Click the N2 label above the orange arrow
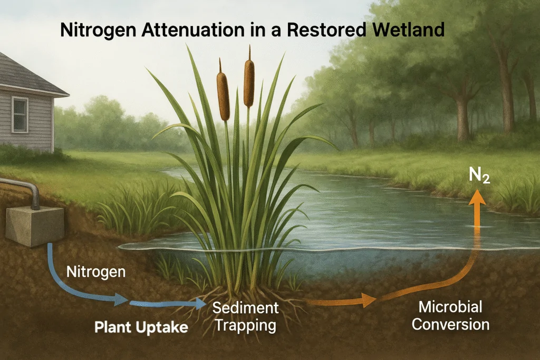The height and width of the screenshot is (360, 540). [480, 177]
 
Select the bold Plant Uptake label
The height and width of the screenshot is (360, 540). [141, 327]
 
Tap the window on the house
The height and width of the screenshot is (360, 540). [20, 114]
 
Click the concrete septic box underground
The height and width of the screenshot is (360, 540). [34, 225]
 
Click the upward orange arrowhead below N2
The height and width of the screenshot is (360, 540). [479, 196]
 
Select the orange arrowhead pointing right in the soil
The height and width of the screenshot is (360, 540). [368, 301]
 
